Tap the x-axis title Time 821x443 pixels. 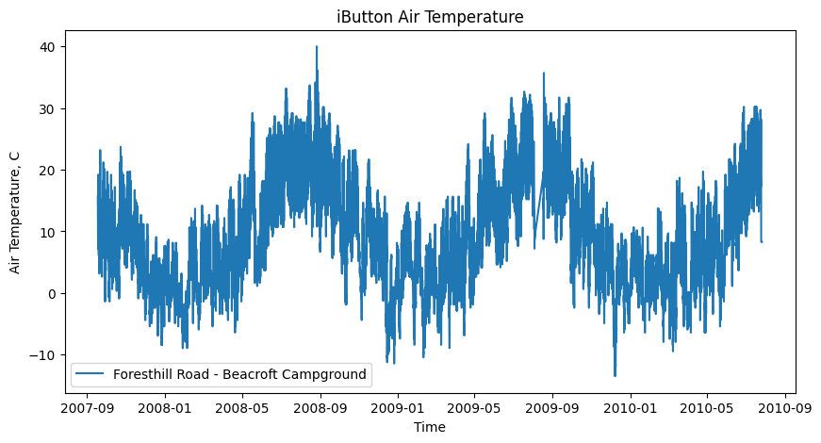430,427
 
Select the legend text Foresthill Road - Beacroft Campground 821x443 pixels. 239,374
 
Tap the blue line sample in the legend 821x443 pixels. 90,374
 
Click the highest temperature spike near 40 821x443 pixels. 317,47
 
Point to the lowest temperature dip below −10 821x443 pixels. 615,375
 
